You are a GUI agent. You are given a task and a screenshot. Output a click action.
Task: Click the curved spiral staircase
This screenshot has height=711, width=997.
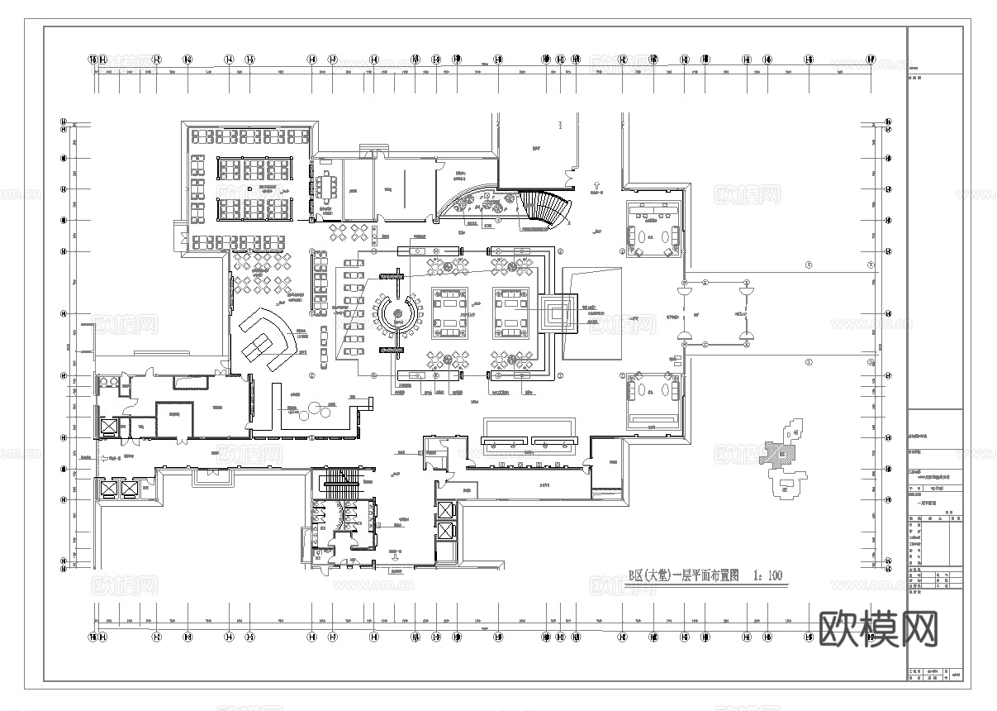pyautogui.click(x=544, y=208)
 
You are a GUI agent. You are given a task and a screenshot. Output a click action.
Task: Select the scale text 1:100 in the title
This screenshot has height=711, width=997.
pyautogui.click(x=767, y=575)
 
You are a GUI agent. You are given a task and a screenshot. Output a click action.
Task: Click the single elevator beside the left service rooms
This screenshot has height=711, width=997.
pyautogui.click(x=108, y=427)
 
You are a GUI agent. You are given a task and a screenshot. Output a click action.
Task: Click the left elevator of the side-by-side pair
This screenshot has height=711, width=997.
pyautogui.click(x=108, y=488)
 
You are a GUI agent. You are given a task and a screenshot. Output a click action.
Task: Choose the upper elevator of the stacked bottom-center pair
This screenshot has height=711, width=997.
pyautogui.click(x=445, y=510)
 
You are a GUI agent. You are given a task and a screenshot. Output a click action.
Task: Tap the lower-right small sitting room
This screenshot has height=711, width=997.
pyautogui.click(x=653, y=398)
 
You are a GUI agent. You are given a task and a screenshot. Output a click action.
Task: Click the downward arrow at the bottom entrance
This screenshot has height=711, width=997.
pyautogui.click(x=395, y=559)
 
